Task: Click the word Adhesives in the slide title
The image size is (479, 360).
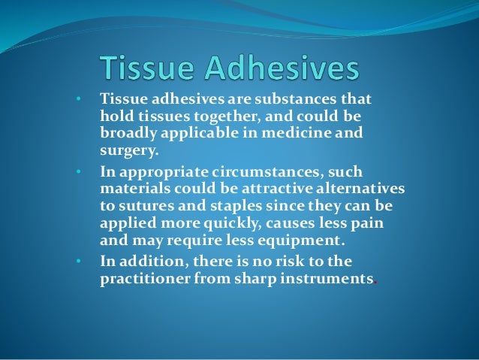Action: (284, 69)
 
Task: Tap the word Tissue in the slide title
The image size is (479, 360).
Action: (149, 69)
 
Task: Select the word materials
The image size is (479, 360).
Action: (130, 189)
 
